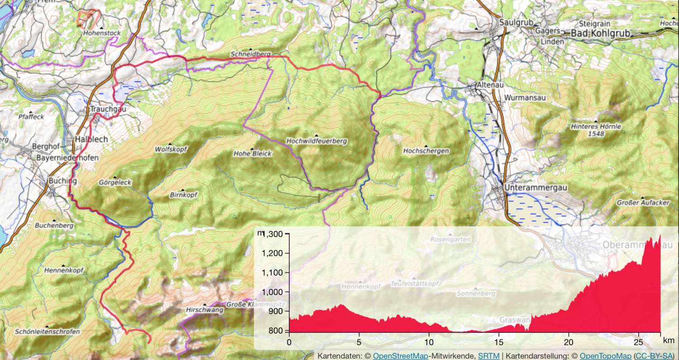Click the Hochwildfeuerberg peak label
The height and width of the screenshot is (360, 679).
click(316, 141)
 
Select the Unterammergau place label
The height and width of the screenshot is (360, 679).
click(530, 187)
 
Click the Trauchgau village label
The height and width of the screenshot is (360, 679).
click(107, 110)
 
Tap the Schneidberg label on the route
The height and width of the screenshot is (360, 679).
click(250, 54)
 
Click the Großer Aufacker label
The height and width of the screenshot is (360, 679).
click(642, 202)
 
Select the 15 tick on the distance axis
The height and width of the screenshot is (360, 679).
click(499, 341)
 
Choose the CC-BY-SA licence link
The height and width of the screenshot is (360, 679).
click(655, 356)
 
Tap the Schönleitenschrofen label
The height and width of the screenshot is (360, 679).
click(48, 331)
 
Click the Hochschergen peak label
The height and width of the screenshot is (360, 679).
click(426, 151)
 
